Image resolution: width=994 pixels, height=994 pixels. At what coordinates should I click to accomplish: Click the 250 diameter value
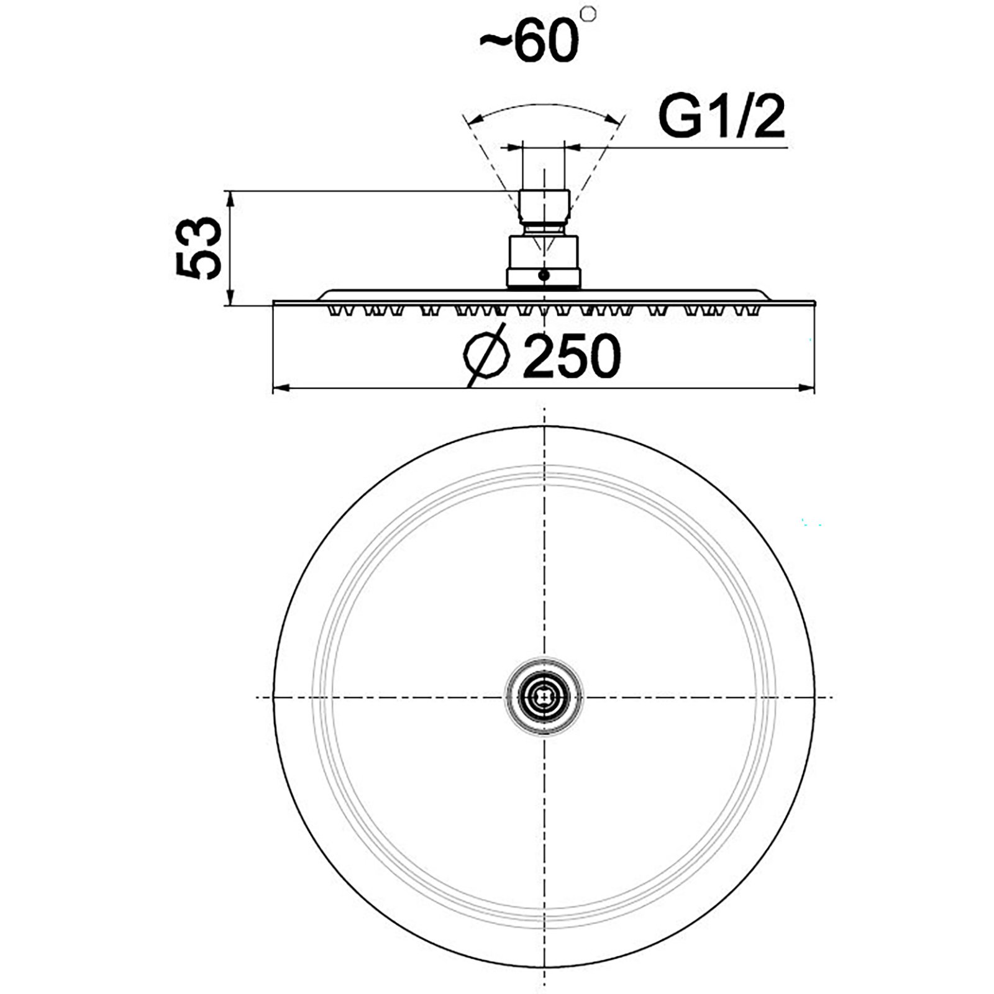571,356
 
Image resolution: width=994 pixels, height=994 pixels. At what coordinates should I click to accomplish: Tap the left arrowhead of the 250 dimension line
283,389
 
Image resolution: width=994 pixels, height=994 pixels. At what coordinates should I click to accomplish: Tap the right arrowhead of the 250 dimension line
805,389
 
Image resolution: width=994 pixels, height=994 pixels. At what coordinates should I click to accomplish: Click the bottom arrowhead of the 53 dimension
230,296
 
